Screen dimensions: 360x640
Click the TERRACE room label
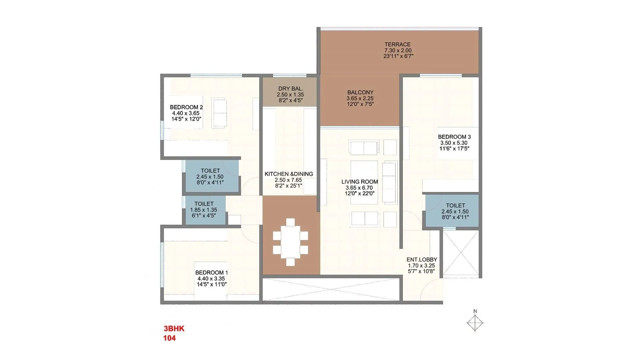coord(398,44)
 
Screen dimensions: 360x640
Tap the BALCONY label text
coord(360,92)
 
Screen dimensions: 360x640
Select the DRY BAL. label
coord(290,89)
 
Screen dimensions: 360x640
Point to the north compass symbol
coord(475,322)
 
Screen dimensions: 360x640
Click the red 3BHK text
coord(174,329)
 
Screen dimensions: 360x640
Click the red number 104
coord(169,338)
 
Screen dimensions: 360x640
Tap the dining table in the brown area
coord(290,242)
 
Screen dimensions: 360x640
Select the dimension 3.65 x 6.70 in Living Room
coord(359,188)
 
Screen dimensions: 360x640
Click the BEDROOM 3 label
coord(454,137)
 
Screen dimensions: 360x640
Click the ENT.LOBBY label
coord(421,260)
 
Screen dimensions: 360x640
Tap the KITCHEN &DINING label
coord(289,174)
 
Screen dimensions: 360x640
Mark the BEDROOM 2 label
coord(186,107)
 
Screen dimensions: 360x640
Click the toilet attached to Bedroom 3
coord(455,211)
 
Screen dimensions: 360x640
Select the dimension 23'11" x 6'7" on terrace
coord(398,56)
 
